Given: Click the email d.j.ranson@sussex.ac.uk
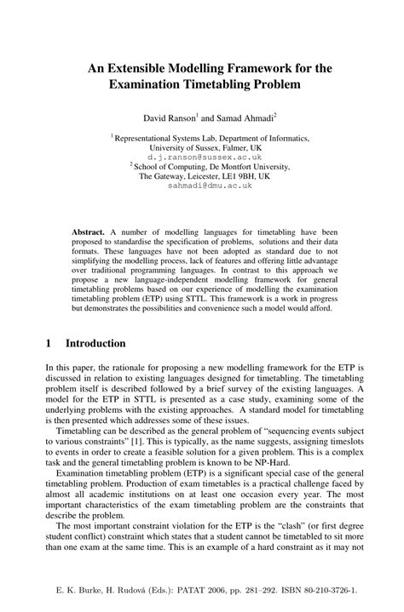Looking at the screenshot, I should coord(201,158).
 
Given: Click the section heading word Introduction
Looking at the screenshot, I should coord(95,344).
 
